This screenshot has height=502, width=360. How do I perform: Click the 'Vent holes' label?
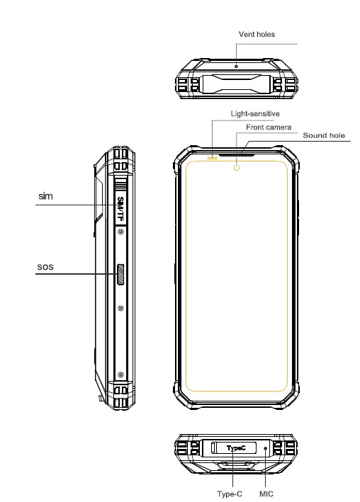click(x=257, y=34)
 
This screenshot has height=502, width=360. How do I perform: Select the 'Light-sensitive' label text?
click(x=255, y=113)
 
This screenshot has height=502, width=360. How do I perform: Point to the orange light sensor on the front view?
click(x=211, y=157)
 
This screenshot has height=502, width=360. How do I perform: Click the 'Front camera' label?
click(x=269, y=127)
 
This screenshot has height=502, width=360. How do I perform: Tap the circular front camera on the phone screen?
click(x=236, y=169)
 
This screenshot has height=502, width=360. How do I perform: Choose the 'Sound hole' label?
click(x=324, y=135)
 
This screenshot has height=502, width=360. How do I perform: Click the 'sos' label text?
click(x=45, y=268)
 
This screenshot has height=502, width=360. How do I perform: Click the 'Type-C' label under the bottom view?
click(x=230, y=494)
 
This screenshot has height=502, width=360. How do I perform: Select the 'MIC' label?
click(x=266, y=494)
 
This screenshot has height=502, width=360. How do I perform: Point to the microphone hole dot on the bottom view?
click(x=266, y=448)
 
